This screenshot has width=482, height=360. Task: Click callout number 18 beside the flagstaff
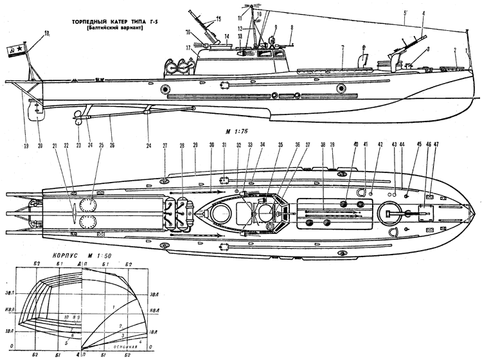tap(46, 33)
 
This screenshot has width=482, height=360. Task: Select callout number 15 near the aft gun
tap(218, 19)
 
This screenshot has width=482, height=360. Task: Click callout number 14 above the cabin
tap(227, 37)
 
